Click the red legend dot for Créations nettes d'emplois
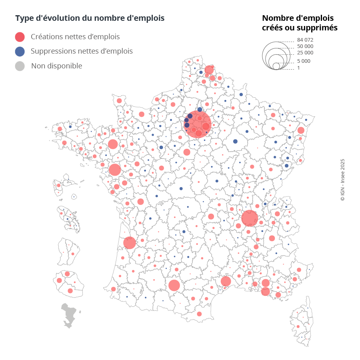click(x=20, y=37)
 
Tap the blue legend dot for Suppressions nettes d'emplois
click(x=20, y=51)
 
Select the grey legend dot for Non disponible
click(x=20, y=66)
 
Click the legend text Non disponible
click(x=56, y=66)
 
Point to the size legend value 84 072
click(x=305, y=40)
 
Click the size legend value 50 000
click(x=305, y=46)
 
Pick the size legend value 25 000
click(x=305, y=53)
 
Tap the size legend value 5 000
click(x=304, y=61)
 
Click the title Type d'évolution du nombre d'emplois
click(x=90, y=18)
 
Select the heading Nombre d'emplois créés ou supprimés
click(x=300, y=23)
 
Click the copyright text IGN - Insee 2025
click(x=342, y=180)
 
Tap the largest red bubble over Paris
click(x=197, y=124)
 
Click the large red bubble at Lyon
click(x=250, y=218)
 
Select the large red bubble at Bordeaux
click(x=129, y=242)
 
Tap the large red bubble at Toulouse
click(x=174, y=285)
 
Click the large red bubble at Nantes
click(x=115, y=170)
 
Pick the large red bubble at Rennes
click(x=113, y=144)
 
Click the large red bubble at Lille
click(x=209, y=70)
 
